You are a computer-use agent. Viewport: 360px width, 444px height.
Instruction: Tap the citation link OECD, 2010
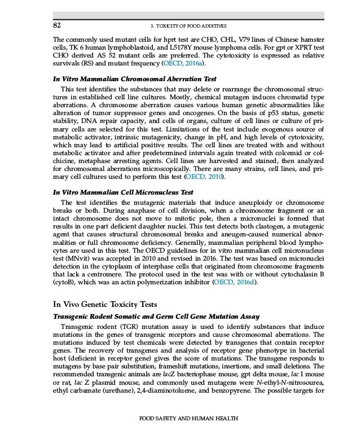pos(207,178)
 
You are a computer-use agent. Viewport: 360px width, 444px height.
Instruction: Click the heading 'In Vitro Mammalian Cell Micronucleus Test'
pos(122,192)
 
